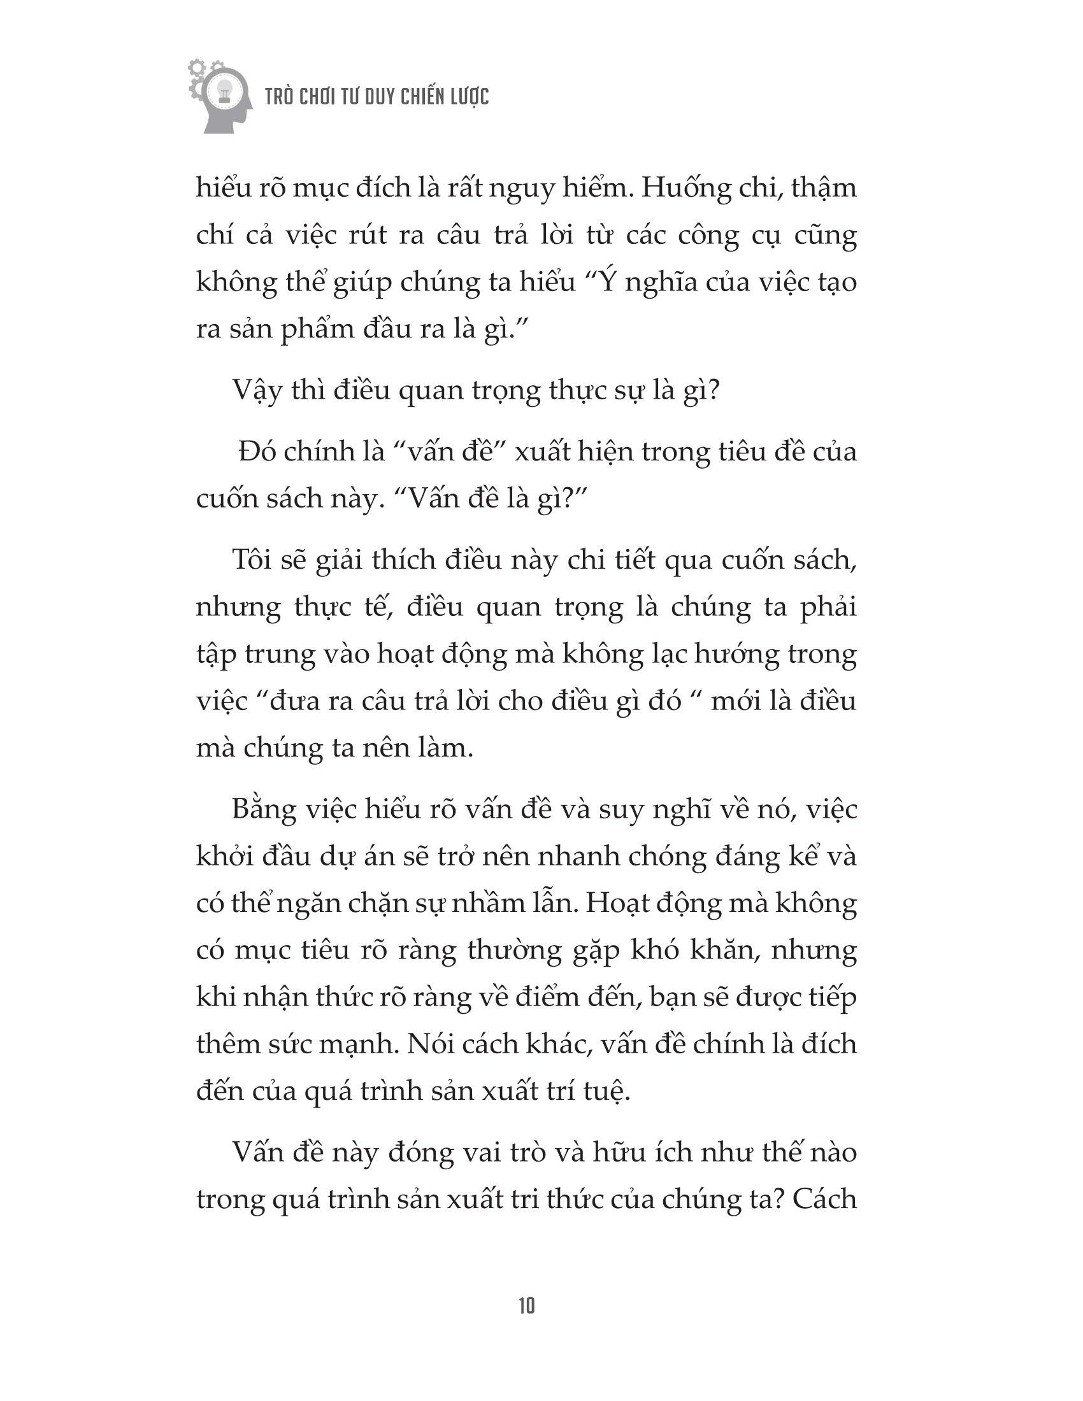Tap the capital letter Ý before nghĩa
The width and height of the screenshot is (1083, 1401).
(613, 282)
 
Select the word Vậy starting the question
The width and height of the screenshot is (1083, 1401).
(257, 391)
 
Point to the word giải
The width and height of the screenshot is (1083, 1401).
(340, 560)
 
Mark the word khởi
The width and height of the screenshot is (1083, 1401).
(223, 857)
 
